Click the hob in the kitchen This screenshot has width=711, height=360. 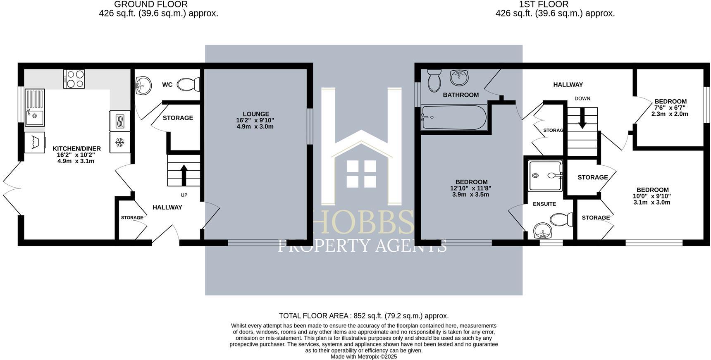click(x=74, y=79)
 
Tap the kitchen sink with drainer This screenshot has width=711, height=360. click(x=34, y=107)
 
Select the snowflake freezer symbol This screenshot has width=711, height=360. click(x=119, y=143)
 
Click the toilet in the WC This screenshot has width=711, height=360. click(x=188, y=85)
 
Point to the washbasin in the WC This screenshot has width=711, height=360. click(x=143, y=85)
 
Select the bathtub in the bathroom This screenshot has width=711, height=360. click(x=454, y=117)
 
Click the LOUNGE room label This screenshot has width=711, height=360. click(x=256, y=114)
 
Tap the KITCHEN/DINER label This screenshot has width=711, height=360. click(x=76, y=149)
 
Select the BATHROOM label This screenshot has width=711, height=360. click(x=460, y=95)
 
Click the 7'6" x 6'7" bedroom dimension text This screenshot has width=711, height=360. click(x=670, y=108)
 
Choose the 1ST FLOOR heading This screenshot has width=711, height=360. click(x=544, y=5)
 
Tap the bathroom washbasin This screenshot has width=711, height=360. click(x=459, y=77)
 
